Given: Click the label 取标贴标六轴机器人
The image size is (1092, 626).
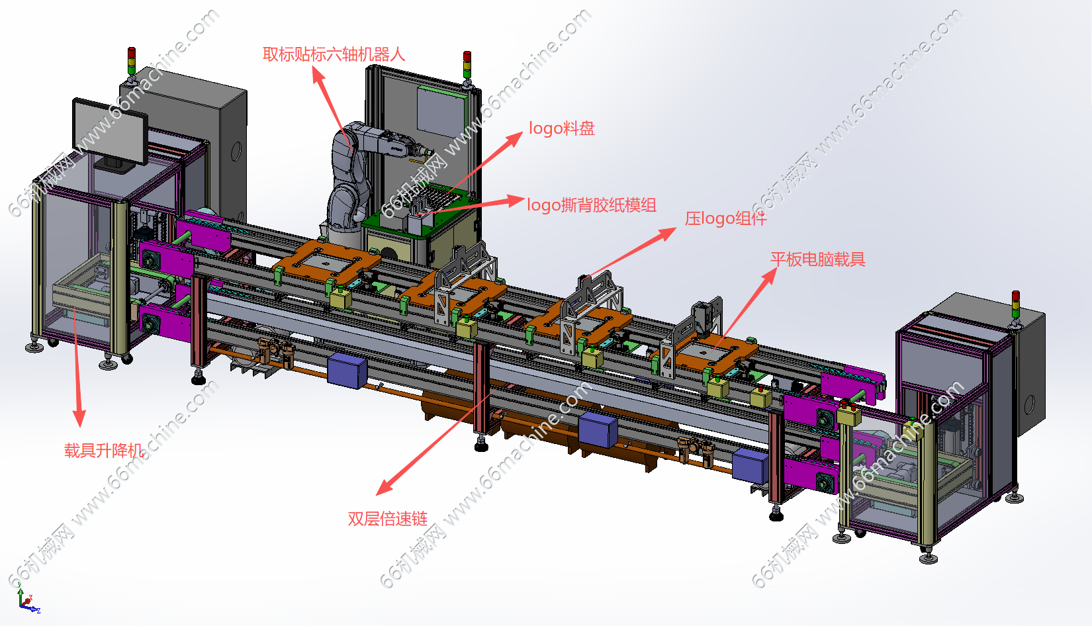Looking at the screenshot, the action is pyautogui.click(x=334, y=54).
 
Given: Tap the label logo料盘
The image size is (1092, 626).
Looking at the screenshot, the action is pyautogui.click(x=562, y=128).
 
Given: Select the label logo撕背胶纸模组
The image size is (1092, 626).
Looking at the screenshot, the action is pyautogui.click(x=592, y=204).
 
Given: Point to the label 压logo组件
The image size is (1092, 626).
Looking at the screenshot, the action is pyautogui.click(x=725, y=218).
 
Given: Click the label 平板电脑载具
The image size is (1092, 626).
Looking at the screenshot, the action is pyautogui.click(x=818, y=259).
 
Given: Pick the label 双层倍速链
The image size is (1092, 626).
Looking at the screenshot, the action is pyautogui.click(x=388, y=519).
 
